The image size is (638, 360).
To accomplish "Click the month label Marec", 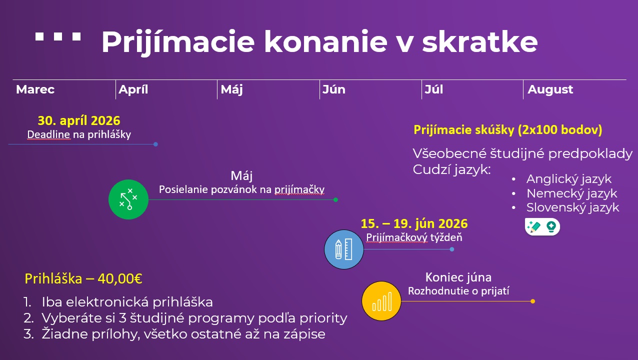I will (35, 90).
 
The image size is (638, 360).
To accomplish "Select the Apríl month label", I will (133, 90).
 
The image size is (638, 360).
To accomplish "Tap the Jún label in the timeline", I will (333, 90).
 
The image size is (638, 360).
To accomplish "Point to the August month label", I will (550, 90).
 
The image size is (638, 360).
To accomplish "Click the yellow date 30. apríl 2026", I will (79, 121).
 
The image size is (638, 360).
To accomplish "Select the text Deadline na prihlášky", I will (79, 134).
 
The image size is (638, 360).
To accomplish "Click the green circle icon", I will (128, 199).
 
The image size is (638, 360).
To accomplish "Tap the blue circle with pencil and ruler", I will (344, 249).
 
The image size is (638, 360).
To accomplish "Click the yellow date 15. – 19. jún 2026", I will (414, 223).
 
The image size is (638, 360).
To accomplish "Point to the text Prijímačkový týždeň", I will (414, 237).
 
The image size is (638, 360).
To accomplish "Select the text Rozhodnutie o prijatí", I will (458, 291).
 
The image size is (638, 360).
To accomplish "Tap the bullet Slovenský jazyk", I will (572, 207).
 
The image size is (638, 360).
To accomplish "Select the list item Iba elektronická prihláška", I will (127, 302).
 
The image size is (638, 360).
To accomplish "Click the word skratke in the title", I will (479, 42).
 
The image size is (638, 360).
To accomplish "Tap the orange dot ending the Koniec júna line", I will (532, 301).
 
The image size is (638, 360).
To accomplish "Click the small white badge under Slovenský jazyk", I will (542, 226).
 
